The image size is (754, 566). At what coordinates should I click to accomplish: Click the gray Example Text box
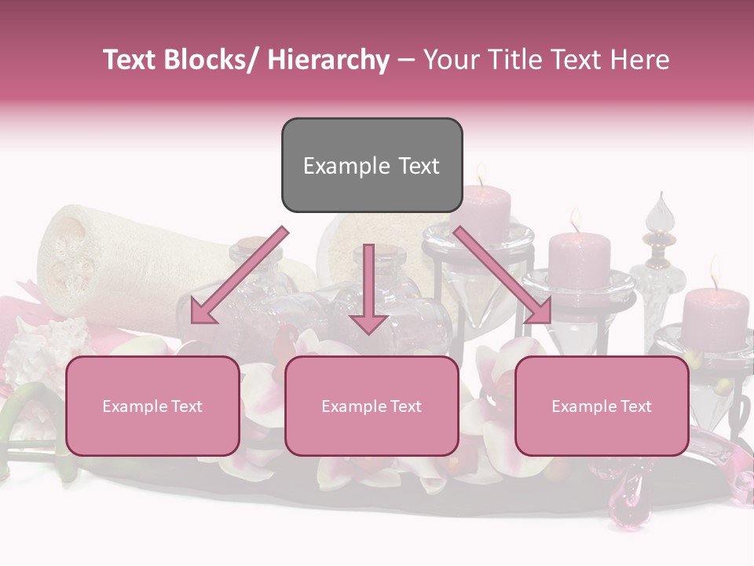(x=372, y=165)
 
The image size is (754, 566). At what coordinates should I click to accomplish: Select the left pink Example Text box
(x=152, y=406)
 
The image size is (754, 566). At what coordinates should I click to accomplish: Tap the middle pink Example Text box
(x=372, y=406)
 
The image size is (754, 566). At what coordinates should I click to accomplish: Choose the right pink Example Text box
(x=602, y=406)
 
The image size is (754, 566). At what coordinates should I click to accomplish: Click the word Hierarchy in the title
(x=328, y=60)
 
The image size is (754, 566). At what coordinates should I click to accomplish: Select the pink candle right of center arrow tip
(x=579, y=260)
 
